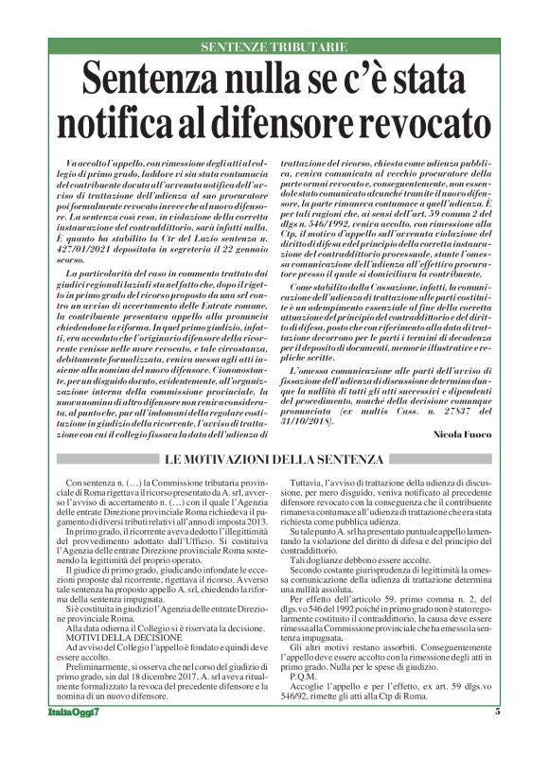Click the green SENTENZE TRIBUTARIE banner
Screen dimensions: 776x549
coord(274,46)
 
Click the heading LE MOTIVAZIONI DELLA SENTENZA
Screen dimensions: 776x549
coord(274,460)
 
